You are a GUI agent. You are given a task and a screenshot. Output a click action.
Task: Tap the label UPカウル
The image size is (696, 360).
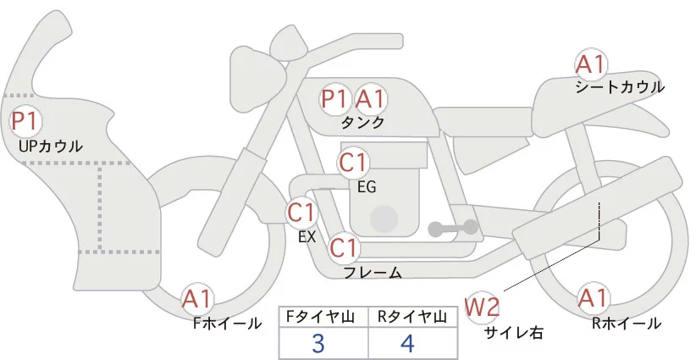(x=51, y=147)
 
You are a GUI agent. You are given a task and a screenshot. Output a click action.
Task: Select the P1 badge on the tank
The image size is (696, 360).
(x=335, y=99)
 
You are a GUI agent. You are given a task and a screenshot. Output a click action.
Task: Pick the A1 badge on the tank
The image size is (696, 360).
(x=370, y=99)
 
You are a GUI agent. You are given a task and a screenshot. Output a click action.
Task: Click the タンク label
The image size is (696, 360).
(x=362, y=123)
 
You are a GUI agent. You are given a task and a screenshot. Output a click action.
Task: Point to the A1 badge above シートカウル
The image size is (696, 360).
(x=590, y=64)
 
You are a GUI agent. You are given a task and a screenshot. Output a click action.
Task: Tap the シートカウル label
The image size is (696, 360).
(x=620, y=87)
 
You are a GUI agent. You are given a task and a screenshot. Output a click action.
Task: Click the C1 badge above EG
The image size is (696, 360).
(x=353, y=161)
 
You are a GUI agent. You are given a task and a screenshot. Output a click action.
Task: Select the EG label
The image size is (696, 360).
(x=367, y=186)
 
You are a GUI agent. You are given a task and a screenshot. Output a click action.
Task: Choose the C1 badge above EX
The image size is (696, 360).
(x=301, y=211)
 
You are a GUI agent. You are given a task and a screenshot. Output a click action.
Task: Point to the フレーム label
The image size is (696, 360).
(x=373, y=273)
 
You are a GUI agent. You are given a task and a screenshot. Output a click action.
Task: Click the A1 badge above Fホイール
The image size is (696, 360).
(x=198, y=299)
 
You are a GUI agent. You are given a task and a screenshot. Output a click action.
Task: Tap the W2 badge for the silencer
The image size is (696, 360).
(x=483, y=307)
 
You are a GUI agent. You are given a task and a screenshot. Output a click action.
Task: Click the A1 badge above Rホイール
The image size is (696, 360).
(x=592, y=299)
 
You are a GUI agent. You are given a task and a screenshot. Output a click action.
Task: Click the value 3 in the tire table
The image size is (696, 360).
(x=318, y=343)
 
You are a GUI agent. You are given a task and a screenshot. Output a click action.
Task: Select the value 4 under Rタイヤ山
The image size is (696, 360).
(x=407, y=343)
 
